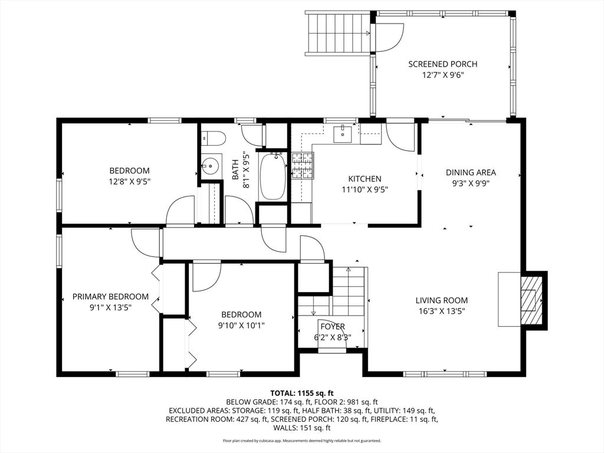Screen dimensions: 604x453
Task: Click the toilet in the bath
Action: (213, 139)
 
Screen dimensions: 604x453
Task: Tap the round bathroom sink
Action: (211, 166)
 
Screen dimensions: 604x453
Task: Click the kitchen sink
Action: (343, 134)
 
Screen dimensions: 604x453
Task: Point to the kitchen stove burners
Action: (303, 166)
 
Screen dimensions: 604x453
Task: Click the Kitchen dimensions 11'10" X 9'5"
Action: (365, 189)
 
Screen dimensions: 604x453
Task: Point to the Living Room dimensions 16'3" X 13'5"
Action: (442, 311)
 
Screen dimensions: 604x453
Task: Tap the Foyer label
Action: (333, 327)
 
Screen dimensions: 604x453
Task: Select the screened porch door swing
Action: (389, 37)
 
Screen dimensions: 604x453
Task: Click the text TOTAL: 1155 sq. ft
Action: (302, 393)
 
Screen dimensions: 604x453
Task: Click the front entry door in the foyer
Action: (332, 335)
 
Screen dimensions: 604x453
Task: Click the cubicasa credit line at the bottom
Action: (302, 441)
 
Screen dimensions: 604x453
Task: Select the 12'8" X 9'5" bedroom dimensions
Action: (130, 182)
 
